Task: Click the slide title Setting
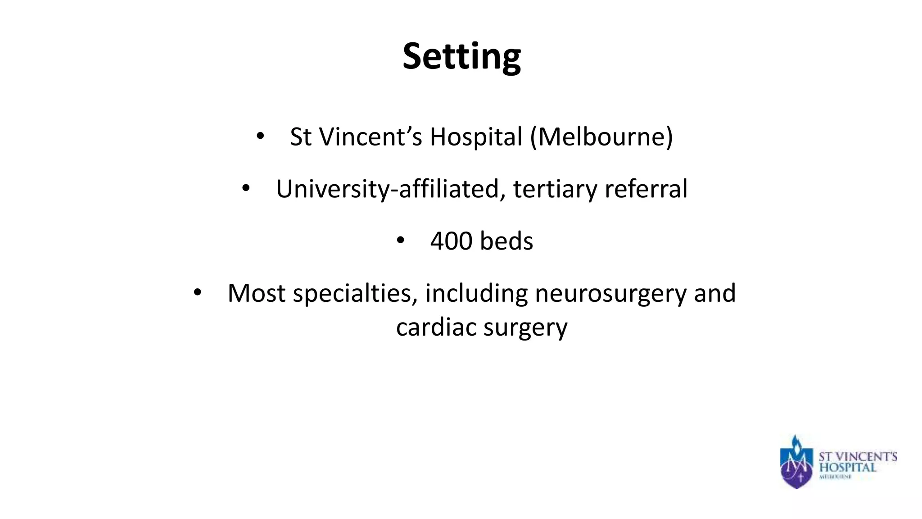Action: [461, 57]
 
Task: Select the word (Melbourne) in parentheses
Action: [601, 137]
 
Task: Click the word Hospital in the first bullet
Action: [476, 137]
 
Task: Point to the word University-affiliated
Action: [388, 189]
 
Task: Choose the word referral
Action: [646, 189]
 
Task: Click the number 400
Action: [451, 241]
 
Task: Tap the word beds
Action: [506, 241]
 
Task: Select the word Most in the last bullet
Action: [256, 293]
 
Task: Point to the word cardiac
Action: [436, 328]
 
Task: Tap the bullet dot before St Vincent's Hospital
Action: [260, 136]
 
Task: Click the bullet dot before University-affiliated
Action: [245, 188]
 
